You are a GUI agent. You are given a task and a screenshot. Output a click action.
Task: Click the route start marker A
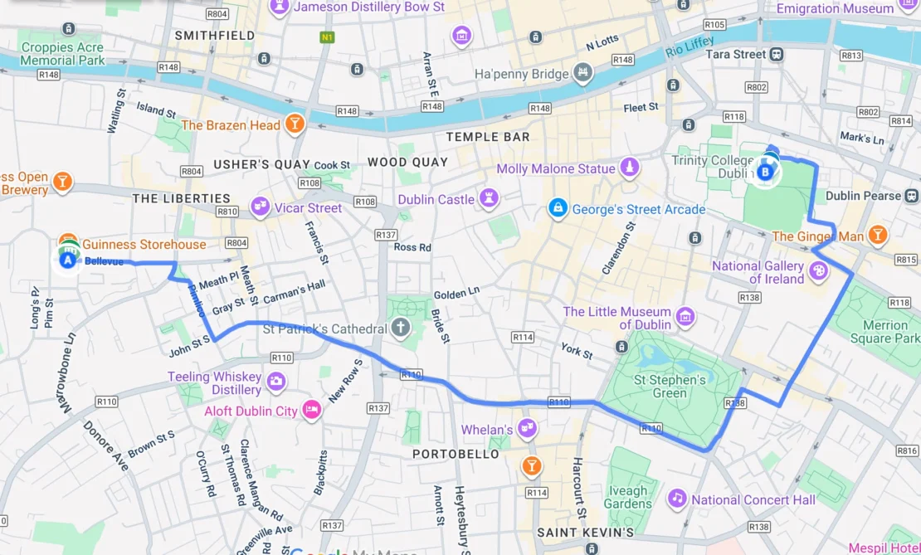coord(67,260)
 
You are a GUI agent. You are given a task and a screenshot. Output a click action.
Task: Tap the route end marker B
coord(765,172)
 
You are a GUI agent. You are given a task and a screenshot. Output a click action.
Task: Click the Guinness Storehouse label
coord(144,245)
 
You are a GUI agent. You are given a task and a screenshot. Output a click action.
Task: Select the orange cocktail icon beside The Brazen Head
coord(294,125)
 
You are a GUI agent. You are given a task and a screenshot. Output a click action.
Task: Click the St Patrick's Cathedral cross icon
coord(401,328)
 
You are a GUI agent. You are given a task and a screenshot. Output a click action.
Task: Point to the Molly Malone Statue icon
coord(630,168)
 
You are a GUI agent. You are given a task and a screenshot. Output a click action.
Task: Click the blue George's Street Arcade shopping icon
coord(558,208)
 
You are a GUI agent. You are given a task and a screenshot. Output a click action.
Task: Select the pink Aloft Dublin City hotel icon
coord(311,410)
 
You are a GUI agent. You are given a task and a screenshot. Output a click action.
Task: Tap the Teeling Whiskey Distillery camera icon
coord(275,382)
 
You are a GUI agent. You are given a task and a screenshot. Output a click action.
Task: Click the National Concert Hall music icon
coord(678,499)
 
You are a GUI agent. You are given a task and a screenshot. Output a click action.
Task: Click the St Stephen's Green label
coord(670,387)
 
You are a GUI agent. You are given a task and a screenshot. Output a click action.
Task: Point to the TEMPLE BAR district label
coord(487,137)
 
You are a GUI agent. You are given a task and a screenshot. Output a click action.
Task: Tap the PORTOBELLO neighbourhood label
coord(456,454)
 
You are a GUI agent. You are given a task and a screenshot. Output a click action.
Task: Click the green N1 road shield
coord(328,37)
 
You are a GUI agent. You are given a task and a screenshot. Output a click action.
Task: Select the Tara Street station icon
coord(777,55)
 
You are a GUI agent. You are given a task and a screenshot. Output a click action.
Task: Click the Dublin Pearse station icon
coord(912,196)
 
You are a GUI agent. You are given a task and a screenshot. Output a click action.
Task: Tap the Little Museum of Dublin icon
coord(685,317)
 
